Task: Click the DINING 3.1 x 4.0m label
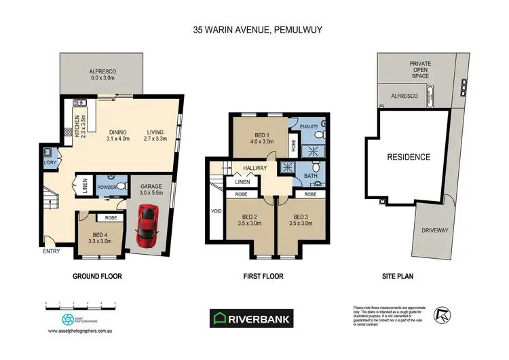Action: point(117,136)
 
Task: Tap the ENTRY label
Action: point(52,252)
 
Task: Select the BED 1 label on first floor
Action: point(259,138)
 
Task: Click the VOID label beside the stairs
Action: point(216,211)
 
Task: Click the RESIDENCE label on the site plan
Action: point(409,157)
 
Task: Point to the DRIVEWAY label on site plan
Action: point(435,231)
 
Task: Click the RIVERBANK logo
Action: point(254,317)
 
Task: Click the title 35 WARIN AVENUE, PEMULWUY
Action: point(254,30)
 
